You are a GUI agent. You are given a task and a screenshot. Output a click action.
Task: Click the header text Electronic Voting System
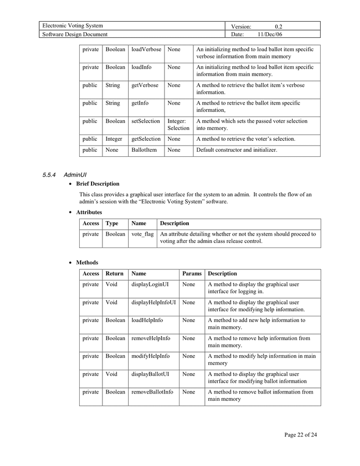(72, 26)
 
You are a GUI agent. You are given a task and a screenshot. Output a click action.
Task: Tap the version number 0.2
(278, 26)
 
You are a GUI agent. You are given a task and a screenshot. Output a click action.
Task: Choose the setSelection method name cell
(146, 121)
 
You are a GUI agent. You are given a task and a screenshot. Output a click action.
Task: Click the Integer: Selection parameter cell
(178, 124)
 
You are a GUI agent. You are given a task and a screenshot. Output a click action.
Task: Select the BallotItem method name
(144, 150)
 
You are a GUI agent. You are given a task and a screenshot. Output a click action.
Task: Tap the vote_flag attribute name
(142, 234)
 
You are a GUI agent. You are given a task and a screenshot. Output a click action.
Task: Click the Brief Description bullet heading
(98, 184)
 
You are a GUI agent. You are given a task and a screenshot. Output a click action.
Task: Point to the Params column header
(192, 273)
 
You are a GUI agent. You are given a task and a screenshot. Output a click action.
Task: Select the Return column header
(114, 273)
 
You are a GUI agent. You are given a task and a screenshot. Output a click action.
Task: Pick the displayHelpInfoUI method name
(154, 302)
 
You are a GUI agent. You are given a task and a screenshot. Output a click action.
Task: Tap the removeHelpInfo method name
(151, 338)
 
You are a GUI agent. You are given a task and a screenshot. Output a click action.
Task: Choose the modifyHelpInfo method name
(151, 356)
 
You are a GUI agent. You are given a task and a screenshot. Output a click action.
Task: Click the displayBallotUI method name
(150, 374)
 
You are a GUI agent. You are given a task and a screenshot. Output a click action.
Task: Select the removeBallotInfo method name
(152, 392)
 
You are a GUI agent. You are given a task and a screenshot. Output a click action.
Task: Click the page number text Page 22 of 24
(301, 435)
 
